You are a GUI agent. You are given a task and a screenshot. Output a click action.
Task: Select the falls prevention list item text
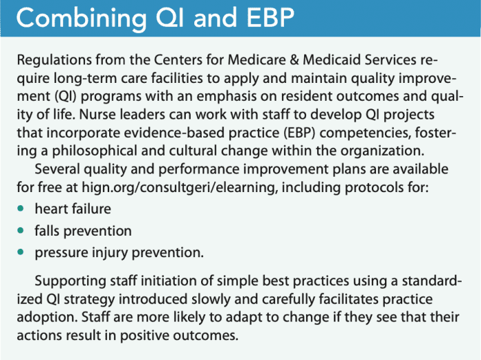(83, 230)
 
